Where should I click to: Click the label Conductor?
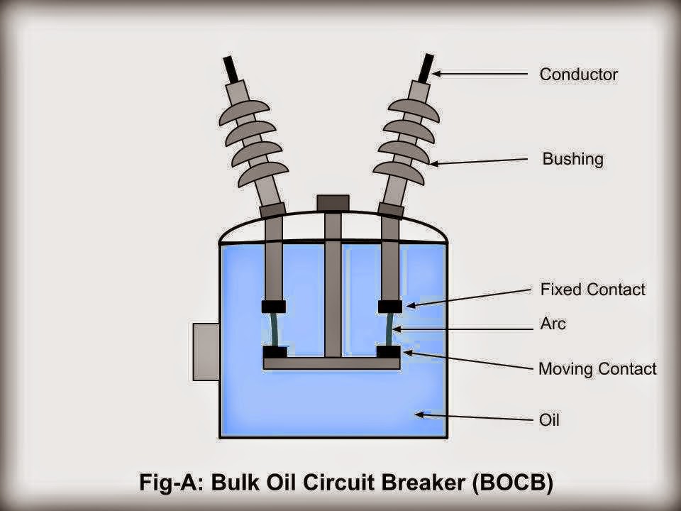578,74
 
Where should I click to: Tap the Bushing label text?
572,158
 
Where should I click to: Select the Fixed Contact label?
592,289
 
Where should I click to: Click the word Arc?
553,324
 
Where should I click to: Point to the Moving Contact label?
597,368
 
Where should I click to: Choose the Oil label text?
549,420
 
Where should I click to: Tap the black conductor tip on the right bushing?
426,68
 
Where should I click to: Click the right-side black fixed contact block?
390,306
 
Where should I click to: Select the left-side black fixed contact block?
274,307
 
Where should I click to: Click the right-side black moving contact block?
389,351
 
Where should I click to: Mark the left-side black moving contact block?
275,352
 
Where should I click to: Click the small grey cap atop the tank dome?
333,202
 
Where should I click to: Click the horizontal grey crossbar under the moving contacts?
331,363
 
